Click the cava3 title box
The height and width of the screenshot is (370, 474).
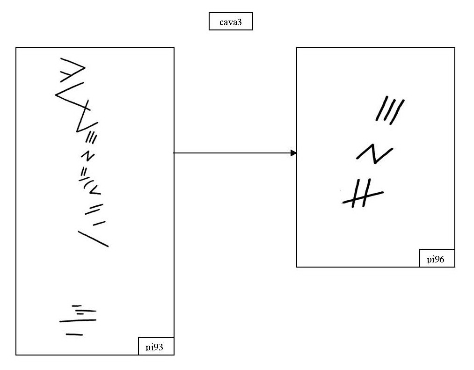point(231,22)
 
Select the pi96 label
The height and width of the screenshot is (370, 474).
point(437,259)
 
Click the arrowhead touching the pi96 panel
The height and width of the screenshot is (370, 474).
point(293,153)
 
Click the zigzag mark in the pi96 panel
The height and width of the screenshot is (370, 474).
point(375,154)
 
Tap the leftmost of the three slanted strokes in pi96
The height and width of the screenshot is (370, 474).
point(380,109)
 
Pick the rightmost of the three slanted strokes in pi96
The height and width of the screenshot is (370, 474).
point(398,111)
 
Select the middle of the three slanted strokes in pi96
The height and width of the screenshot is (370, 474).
point(389,109)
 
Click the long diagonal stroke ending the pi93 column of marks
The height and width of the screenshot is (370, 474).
point(93,238)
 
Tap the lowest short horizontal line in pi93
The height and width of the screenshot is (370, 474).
point(74,334)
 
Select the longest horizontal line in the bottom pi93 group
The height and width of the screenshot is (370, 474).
point(78,321)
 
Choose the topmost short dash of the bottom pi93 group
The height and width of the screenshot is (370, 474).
point(77,306)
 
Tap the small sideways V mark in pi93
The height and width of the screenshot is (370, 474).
point(95,189)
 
